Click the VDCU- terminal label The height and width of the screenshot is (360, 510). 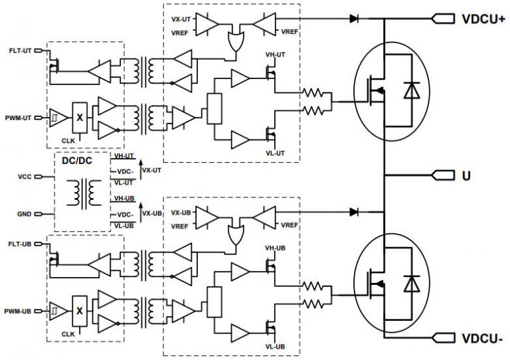[x=482, y=340]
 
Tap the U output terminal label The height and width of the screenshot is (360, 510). [x=466, y=176]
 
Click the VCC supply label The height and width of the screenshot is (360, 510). [x=25, y=177]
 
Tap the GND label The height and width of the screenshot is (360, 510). [x=25, y=214]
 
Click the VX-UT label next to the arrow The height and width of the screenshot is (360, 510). [x=152, y=170]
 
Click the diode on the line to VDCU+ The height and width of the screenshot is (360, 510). [x=353, y=19]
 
